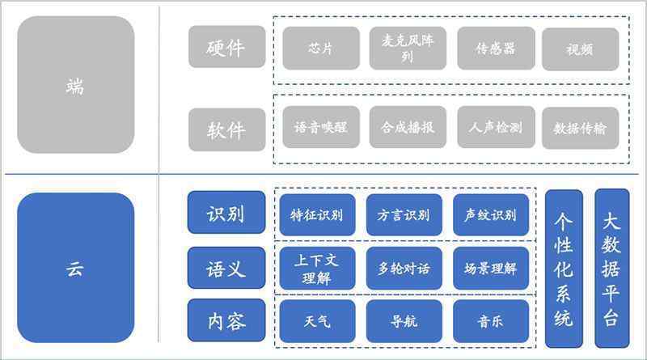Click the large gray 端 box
(x=76, y=85)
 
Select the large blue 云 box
(x=76, y=268)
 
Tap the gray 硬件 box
(x=227, y=47)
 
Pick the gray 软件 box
(x=227, y=129)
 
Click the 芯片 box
(x=321, y=49)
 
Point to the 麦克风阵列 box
(x=408, y=49)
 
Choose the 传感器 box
(x=496, y=49)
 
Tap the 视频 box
(x=580, y=49)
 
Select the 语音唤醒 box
(x=321, y=127)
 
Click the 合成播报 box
(x=408, y=127)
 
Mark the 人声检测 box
(x=496, y=127)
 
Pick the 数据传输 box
(x=580, y=128)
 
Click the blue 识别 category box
(x=226, y=212)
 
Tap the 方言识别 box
(x=404, y=214)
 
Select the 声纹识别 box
(x=491, y=214)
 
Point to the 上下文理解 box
(x=317, y=269)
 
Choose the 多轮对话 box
(x=404, y=269)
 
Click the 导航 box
(x=404, y=321)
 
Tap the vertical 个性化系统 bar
(x=564, y=269)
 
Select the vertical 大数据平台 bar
(x=612, y=269)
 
